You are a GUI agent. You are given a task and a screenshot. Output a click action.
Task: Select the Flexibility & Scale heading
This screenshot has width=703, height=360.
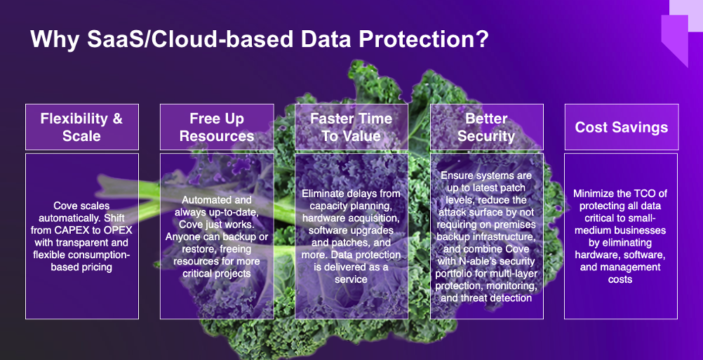point(81,127)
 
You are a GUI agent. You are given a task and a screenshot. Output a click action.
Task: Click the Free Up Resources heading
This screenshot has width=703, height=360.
point(217,127)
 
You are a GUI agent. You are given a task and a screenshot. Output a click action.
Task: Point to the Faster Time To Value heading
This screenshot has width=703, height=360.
point(351,127)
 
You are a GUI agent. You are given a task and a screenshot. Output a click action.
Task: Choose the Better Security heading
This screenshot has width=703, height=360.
point(486,127)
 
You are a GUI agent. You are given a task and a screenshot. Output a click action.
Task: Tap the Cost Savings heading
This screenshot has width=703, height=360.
point(622,127)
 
